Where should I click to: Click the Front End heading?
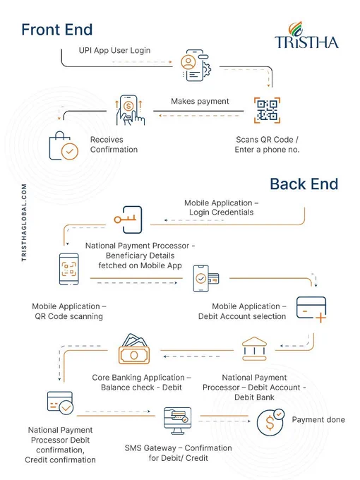pyautogui.click(x=57, y=30)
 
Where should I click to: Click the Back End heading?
pyautogui.click(x=304, y=184)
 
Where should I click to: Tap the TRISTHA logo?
pyautogui.click(x=306, y=35)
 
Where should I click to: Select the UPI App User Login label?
pyautogui.click(x=114, y=50)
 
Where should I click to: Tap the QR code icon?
pyautogui.click(x=267, y=110)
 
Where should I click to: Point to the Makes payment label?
pyautogui.click(x=200, y=101)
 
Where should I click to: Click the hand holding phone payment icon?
pyautogui.click(x=130, y=110)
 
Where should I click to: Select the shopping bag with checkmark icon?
pyautogui.click(x=64, y=146)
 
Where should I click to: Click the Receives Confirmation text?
pyautogui.click(x=114, y=145)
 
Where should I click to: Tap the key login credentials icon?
pyautogui.click(x=128, y=220)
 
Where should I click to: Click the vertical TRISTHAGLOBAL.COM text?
pyautogui.click(x=24, y=222)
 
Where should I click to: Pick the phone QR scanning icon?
pyautogui.click(x=69, y=269)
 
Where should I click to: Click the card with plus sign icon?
pyautogui.click(x=311, y=309)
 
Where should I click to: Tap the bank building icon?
pyautogui.click(x=254, y=349)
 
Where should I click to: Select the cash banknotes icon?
pyautogui.click(x=134, y=349)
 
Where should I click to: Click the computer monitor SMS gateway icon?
pyautogui.click(x=178, y=421)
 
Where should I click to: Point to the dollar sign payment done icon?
pyautogui.click(x=270, y=422)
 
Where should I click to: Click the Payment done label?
pyautogui.click(x=318, y=419)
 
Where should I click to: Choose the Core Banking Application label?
pyautogui.click(x=141, y=377)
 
